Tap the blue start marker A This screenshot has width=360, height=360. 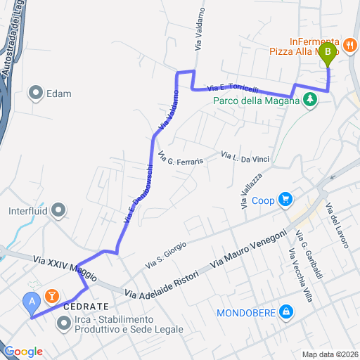31,302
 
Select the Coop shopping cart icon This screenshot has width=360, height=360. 285,200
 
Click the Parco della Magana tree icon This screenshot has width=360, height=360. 308,100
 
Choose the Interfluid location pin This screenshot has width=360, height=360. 59,210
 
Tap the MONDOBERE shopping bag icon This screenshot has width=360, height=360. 285,311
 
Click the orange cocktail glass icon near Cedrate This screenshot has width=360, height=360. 51,295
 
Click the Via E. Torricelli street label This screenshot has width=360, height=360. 233,89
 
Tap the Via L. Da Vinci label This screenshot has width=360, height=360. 241,155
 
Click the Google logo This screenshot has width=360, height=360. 22,352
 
